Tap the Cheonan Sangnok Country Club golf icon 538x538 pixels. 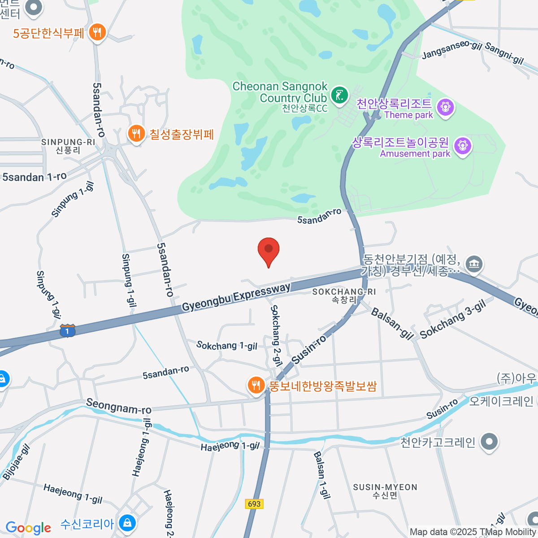pos(339,95)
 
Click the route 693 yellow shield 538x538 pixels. pos(254,503)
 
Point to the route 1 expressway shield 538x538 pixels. pos(67,331)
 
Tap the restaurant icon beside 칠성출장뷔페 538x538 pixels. pos(136,133)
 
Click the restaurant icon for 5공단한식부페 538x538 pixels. pos(97,32)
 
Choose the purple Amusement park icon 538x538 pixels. pos(463,146)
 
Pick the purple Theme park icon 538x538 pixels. pos(445,107)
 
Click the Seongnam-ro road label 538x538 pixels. pos(119,406)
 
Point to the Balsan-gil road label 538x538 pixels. pos(392,324)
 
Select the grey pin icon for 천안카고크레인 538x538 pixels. pos(489,442)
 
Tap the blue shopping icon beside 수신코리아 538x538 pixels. pos(128,523)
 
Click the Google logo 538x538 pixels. pos(28,528)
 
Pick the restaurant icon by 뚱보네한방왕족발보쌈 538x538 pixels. pos(256,385)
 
